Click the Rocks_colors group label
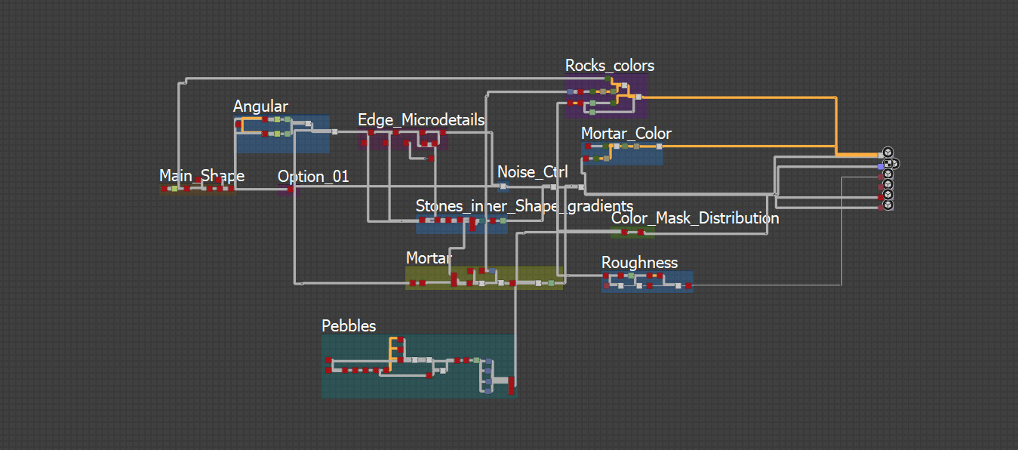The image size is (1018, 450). click(610, 66)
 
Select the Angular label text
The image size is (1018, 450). click(260, 106)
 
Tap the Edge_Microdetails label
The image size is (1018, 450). click(421, 120)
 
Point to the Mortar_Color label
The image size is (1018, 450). click(626, 134)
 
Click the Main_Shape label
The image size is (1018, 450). click(201, 176)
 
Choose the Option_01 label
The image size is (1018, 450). click(313, 177)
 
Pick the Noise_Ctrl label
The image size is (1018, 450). click(533, 172)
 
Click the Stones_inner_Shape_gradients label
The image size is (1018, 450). click(524, 206)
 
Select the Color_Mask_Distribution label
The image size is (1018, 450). click(695, 218)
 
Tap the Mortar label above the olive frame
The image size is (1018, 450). click(429, 258)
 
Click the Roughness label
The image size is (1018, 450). click(639, 263)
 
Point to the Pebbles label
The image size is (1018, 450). click(349, 326)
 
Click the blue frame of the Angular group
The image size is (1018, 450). click(317, 143)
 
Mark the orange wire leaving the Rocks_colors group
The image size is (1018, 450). click(740, 97)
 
